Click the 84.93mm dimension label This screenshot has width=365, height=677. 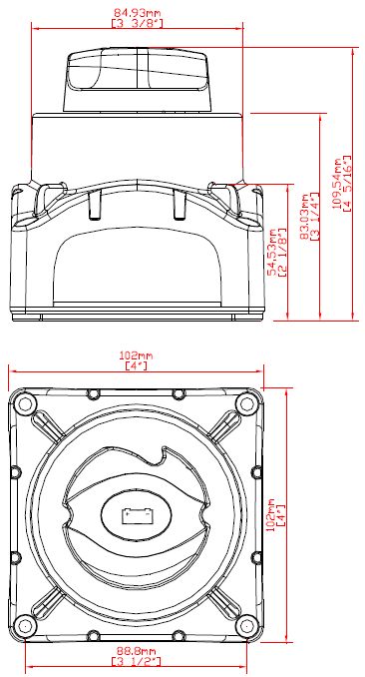pyautogui.click(x=138, y=13)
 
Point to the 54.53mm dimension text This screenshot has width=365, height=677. pyautogui.click(x=272, y=252)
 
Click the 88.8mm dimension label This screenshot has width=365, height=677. pyautogui.click(x=137, y=651)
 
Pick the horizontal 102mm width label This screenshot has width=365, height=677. pyautogui.click(x=136, y=356)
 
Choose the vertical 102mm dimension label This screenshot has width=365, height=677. pyautogui.click(x=272, y=512)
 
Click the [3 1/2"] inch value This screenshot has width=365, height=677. pyautogui.click(x=137, y=661)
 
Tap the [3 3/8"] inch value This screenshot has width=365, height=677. pyautogui.click(x=138, y=23)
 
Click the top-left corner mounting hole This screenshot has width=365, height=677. pyautogui.click(x=26, y=404)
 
